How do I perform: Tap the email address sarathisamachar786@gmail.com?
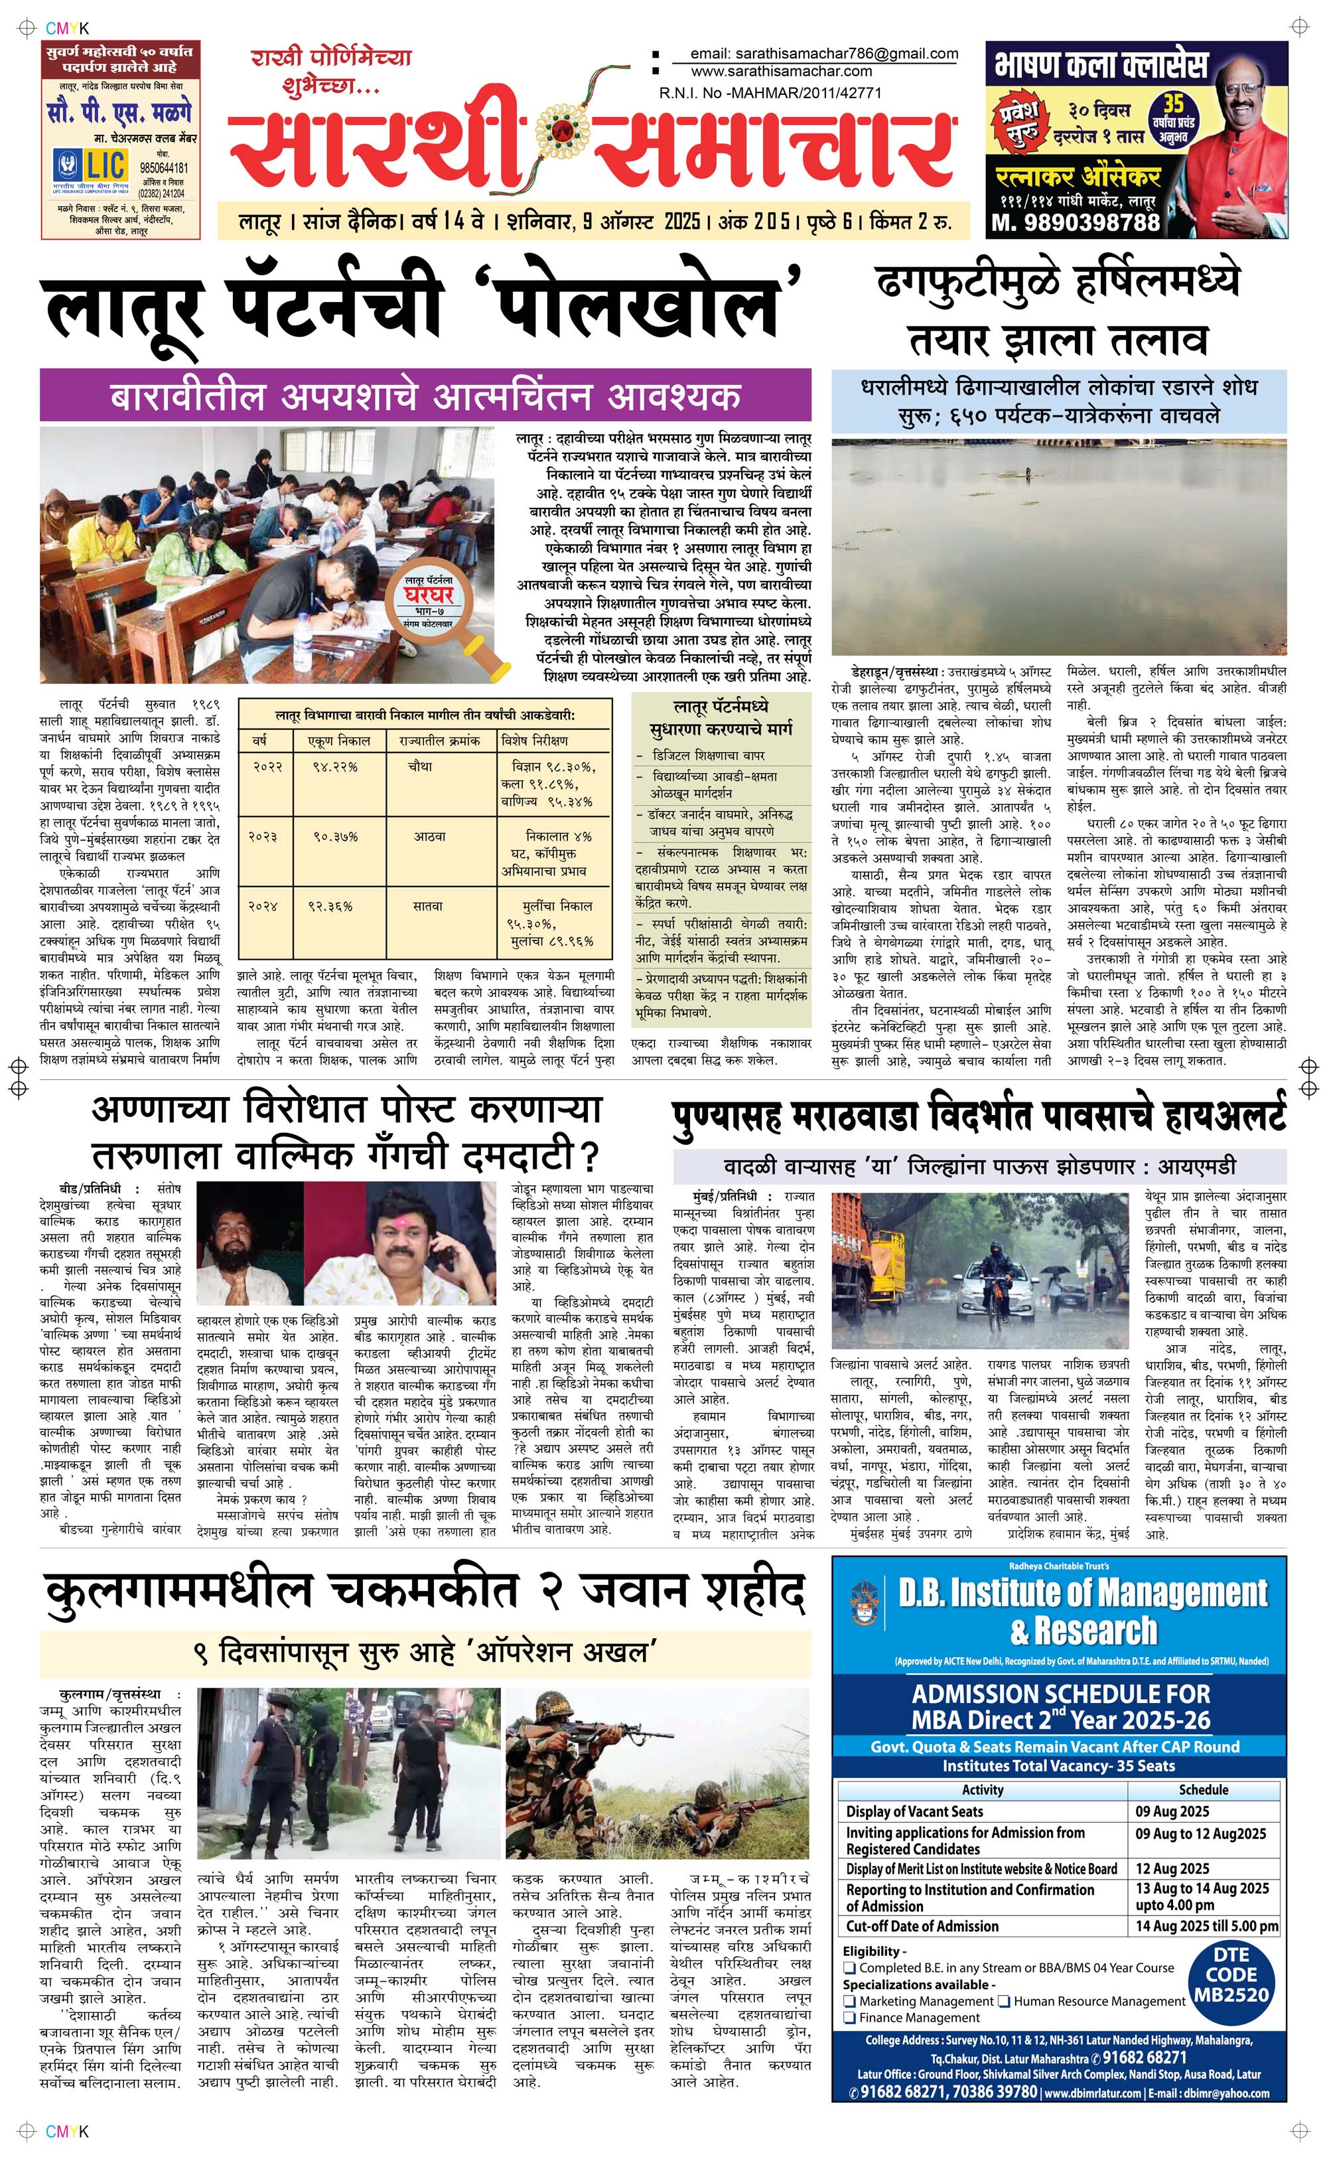pos(824,54)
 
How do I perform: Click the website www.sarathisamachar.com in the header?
pos(781,71)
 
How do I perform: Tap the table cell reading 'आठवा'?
pos(430,836)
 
